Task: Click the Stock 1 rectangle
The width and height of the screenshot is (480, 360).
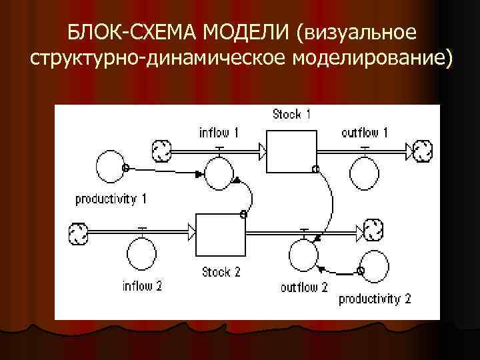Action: point(291,151)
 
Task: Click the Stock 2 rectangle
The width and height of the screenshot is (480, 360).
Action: point(220,235)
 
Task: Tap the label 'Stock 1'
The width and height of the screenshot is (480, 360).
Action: point(291,114)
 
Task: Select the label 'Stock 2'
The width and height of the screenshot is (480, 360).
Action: point(221,272)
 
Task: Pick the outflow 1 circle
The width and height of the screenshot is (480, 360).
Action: point(365,175)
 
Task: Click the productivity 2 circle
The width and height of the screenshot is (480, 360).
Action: point(375,269)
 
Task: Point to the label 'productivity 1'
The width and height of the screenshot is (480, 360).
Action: point(111,199)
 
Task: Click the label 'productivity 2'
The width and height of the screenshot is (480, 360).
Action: point(375,298)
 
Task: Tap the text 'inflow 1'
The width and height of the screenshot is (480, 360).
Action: point(219,132)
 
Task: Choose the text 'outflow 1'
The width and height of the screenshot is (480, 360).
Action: point(364,132)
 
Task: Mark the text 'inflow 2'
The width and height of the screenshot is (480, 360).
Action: point(143,287)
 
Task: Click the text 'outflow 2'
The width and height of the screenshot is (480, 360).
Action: point(304,287)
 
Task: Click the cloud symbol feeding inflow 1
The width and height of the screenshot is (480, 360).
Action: point(162,152)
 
